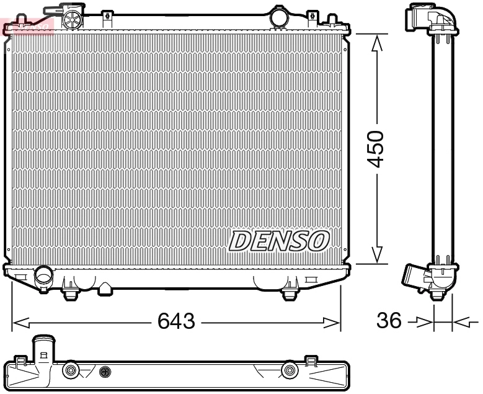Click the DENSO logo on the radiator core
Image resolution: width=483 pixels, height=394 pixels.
pos(279,241)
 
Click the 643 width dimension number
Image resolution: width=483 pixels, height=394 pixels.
pos(176,321)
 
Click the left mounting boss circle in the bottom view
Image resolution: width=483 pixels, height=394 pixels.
pos(70,370)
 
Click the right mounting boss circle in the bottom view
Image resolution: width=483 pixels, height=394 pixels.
pos(288,370)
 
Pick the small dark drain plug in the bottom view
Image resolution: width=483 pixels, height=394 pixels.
pos(105,372)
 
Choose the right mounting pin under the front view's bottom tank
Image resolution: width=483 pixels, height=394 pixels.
pos(288,292)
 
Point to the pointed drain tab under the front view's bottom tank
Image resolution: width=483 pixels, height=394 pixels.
pos(106,289)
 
